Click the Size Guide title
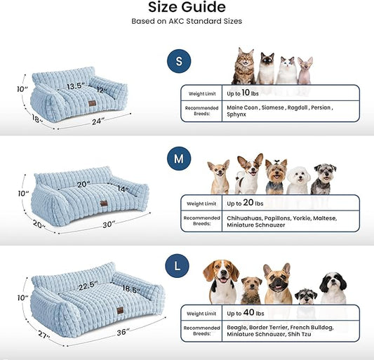(x=187, y=8)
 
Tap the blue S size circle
(x=178, y=62)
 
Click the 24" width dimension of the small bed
(x=97, y=121)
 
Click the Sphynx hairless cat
(x=305, y=70)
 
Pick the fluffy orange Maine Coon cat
(x=243, y=67)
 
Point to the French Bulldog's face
(x=276, y=278)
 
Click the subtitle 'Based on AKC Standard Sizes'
(x=187, y=21)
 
